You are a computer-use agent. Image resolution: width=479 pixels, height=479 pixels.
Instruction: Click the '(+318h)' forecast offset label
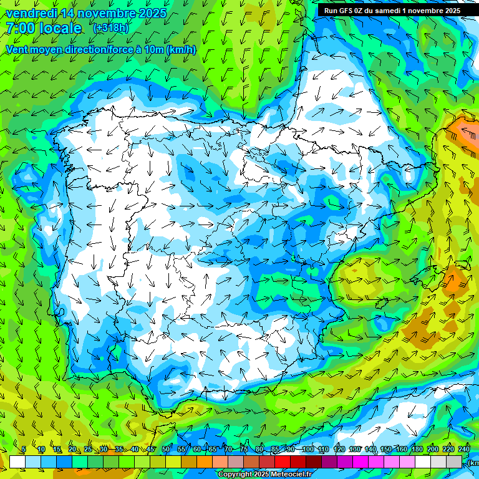[110, 28]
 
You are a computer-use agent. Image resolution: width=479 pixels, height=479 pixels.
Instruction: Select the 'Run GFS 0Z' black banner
[392, 10]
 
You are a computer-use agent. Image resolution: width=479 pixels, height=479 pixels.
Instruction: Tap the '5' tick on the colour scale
[24, 450]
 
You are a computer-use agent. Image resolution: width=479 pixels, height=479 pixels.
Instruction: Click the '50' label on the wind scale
[166, 450]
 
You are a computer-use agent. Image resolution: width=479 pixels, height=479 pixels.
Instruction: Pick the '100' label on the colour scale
[308, 450]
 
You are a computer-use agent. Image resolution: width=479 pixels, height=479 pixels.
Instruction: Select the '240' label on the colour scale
[464, 450]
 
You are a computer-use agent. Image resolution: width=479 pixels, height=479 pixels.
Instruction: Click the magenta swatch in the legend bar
[360, 462]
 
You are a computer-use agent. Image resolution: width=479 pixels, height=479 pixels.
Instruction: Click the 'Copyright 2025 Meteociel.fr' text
[264, 475]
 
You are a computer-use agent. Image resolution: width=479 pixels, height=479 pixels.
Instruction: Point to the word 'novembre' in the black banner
[423, 10]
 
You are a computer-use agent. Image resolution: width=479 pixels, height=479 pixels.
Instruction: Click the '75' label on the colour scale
[244, 450]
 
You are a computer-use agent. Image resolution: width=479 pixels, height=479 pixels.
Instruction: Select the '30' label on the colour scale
[104, 450]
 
